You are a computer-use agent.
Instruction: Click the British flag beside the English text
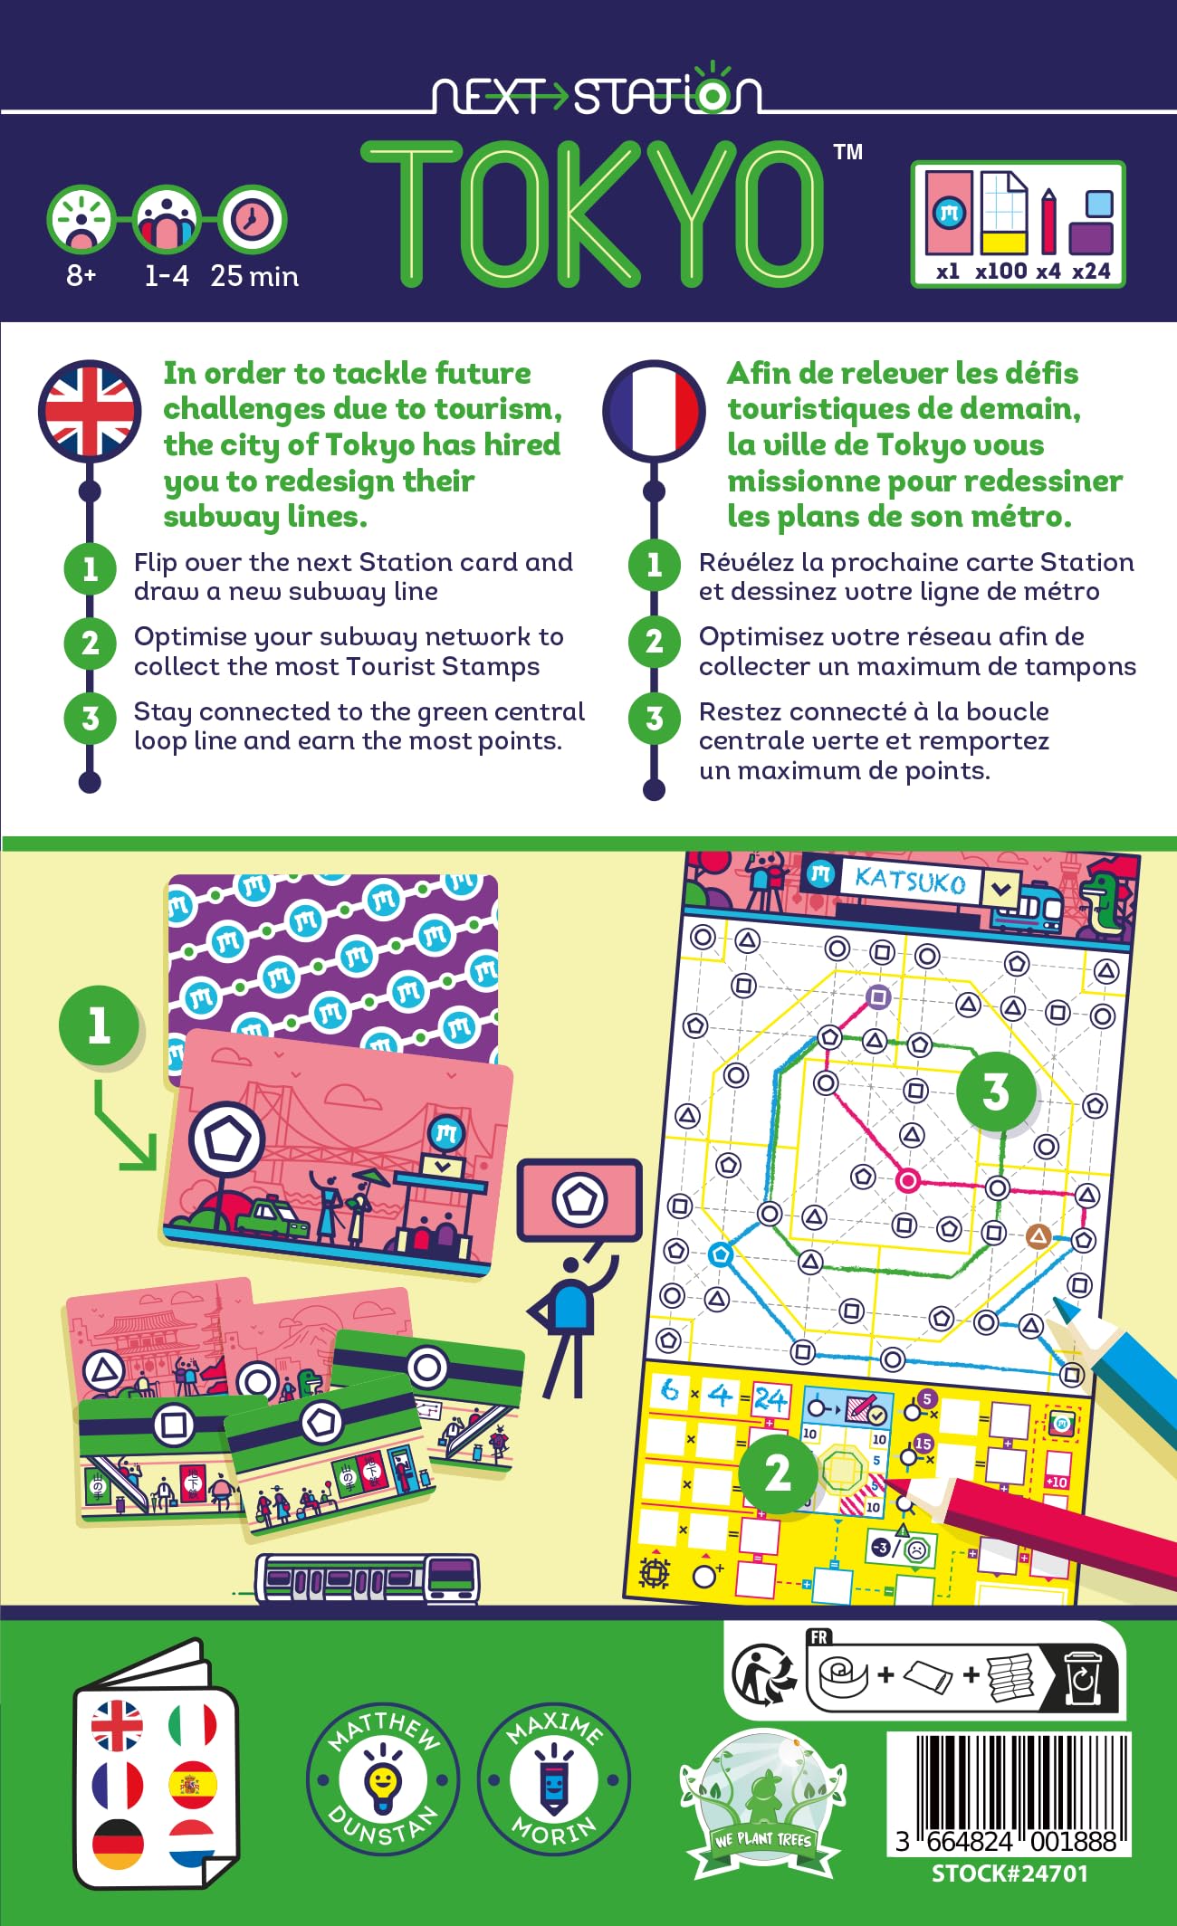[89, 411]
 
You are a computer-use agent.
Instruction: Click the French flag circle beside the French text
[654, 411]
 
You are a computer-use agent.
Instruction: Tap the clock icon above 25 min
[253, 219]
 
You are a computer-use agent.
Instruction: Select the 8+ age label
[81, 275]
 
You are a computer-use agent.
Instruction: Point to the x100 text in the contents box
[1000, 271]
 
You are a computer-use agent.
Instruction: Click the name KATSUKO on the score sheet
[909, 880]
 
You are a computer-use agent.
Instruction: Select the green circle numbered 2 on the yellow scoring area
[778, 1473]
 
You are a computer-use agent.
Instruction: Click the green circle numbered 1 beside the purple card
[99, 1025]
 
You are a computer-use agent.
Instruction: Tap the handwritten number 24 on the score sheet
[770, 1399]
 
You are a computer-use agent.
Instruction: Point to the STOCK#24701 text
[1009, 1874]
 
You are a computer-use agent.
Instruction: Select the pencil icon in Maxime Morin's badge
[554, 1781]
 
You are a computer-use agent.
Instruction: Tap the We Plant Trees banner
[762, 1839]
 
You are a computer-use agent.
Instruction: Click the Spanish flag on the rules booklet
[192, 1784]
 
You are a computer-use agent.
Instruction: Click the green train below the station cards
[367, 1579]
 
